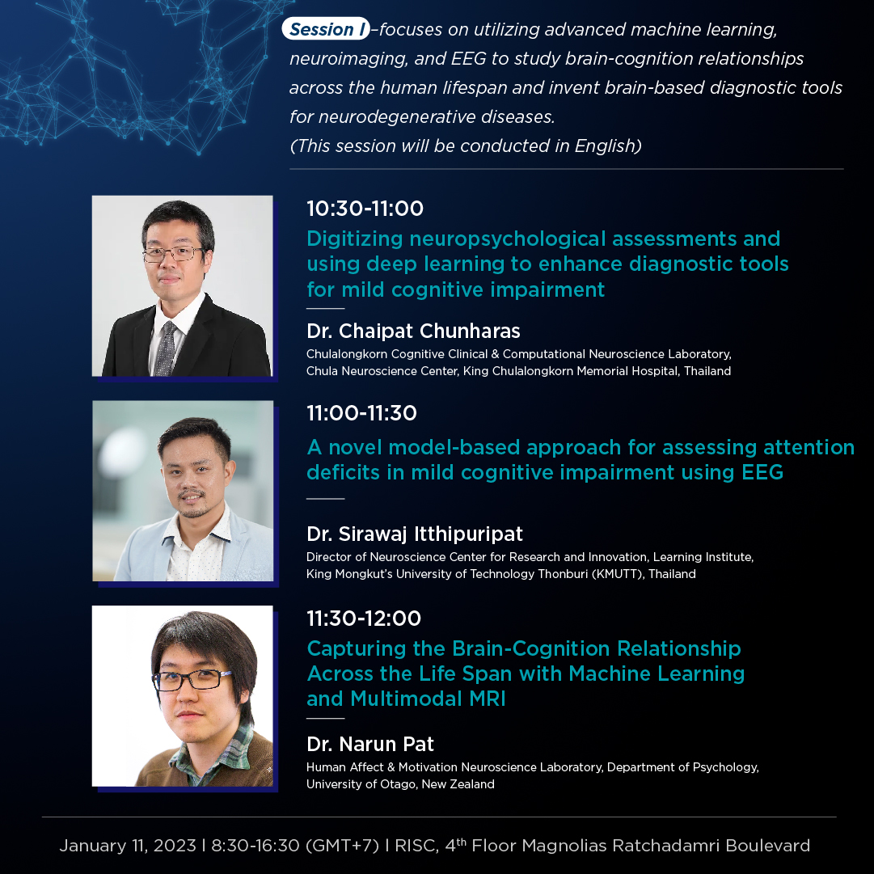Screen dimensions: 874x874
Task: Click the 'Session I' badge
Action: (x=326, y=28)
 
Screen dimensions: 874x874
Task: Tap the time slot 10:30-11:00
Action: (x=365, y=209)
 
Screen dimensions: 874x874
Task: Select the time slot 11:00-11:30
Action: (x=361, y=413)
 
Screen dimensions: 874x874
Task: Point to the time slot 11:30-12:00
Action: (x=364, y=619)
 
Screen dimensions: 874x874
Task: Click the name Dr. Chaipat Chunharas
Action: (x=413, y=331)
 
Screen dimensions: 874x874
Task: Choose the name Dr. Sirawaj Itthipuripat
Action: (x=415, y=534)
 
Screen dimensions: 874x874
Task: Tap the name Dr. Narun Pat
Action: (x=370, y=744)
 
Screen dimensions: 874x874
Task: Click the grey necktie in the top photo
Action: (x=166, y=348)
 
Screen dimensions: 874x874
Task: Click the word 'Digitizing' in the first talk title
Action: (x=354, y=239)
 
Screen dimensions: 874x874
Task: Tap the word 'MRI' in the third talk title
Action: (x=488, y=699)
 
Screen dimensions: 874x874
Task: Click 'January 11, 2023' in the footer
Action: (x=128, y=846)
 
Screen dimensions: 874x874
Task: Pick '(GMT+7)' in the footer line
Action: (x=342, y=846)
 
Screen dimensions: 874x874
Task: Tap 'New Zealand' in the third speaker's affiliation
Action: (x=458, y=784)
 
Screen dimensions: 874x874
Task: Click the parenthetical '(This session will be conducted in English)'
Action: (x=466, y=146)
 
